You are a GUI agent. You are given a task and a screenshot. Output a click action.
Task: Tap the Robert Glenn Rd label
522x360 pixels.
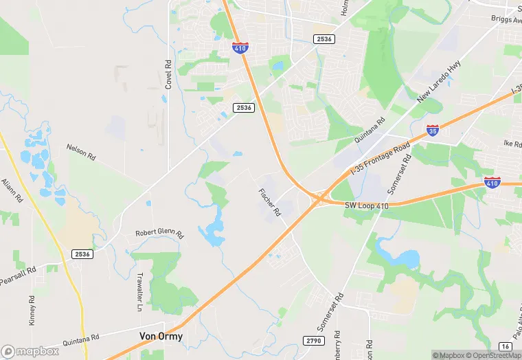click(159, 234)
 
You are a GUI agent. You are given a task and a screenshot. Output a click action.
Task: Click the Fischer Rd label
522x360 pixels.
click(269, 202)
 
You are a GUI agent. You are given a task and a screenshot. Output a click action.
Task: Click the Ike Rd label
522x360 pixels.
click(512, 144)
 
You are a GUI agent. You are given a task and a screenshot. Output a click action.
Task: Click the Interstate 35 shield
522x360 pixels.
click(432, 130)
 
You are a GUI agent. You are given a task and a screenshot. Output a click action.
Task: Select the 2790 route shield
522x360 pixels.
click(311, 341)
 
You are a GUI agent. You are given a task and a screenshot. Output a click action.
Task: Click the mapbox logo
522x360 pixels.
click(30, 350)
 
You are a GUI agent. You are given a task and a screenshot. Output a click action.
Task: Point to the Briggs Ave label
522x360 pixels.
click(507, 19)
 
